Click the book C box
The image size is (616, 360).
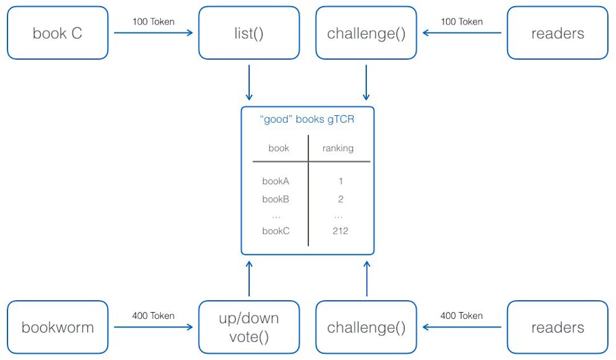[x=58, y=33]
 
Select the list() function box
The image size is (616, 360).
[x=249, y=33]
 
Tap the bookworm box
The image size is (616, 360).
[x=58, y=327]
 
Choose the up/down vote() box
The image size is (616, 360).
[x=249, y=327]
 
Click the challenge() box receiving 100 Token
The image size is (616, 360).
[x=366, y=33]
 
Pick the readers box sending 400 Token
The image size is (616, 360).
[x=557, y=327]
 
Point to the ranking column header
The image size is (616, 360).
[x=338, y=148]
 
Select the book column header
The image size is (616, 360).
[x=279, y=148]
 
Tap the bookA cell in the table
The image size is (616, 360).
[x=276, y=181]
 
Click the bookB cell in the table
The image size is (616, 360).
[x=276, y=199]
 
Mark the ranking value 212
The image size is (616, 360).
[x=340, y=231]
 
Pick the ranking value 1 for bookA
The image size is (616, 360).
[x=340, y=181]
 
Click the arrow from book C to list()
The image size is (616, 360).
[x=153, y=33]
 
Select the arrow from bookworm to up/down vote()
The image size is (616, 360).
[x=153, y=327]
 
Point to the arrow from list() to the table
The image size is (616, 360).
[x=249, y=83]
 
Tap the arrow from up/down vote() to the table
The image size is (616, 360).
[x=249, y=279]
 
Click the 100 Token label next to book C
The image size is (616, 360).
[x=153, y=22]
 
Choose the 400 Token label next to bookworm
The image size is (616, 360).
[x=153, y=315]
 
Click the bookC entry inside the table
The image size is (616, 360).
[x=276, y=231]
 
